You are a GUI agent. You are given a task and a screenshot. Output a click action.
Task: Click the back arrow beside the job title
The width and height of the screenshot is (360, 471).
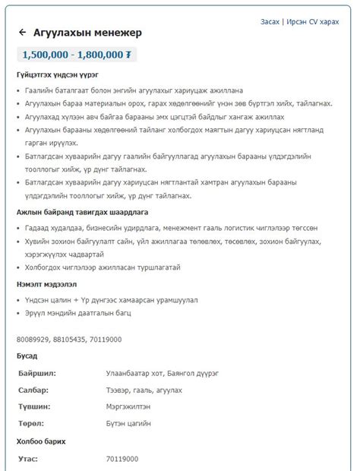coord(22,33)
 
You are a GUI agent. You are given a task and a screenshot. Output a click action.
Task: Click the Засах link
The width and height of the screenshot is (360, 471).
coord(271,22)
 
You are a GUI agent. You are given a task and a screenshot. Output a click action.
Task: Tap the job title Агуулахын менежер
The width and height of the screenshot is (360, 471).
coord(87,33)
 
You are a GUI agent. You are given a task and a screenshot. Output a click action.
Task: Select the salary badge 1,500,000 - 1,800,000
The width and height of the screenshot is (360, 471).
coord(77,55)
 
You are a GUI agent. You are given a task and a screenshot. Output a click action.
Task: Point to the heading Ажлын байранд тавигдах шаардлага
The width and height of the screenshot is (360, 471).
coord(82,212)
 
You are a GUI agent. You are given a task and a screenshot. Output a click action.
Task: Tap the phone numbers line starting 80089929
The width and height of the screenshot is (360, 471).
coord(69,339)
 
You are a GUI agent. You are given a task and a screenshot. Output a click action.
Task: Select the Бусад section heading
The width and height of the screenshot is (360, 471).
coord(27,356)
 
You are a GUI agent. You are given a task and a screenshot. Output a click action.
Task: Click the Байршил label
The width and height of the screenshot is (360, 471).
coord(37,373)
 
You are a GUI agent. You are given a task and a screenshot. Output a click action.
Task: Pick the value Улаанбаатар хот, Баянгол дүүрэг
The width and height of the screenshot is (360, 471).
coord(163,373)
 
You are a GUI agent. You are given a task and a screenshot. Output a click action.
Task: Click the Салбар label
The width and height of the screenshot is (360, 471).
coord(33,390)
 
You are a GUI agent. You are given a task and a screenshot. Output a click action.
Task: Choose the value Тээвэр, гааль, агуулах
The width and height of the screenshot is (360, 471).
coord(144,390)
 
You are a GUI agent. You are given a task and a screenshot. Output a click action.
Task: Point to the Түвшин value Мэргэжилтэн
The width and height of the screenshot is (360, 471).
coord(128,406)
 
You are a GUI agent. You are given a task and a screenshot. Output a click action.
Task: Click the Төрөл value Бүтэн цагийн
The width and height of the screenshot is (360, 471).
coord(128,423)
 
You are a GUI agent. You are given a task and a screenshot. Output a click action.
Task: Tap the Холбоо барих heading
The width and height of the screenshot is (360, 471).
coord(41,441)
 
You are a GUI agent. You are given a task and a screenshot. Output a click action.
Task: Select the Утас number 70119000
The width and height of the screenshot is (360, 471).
coord(122,459)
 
